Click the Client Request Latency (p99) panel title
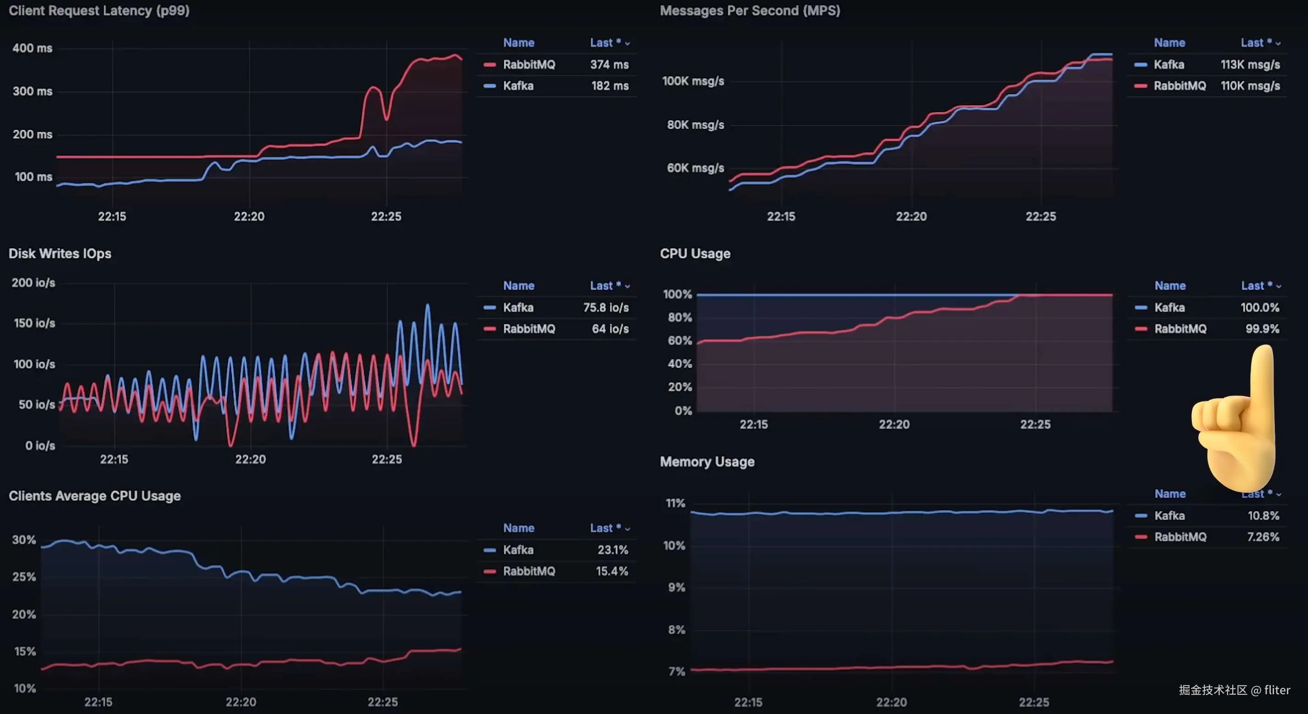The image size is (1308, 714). [99, 11]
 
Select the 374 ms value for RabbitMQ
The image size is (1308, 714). [609, 64]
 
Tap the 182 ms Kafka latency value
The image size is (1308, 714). [609, 86]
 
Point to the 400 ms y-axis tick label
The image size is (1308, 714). [32, 48]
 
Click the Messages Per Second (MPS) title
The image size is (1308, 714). [750, 11]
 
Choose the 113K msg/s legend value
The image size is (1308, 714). [1250, 64]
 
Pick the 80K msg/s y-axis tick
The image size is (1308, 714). [695, 125]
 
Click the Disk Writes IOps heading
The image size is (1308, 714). [60, 253]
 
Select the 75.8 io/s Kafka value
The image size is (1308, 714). [605, 307]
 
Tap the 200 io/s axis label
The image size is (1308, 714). [33, 283]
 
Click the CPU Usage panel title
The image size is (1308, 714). [694, 253]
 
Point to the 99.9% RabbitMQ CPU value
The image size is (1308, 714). [1262, 329]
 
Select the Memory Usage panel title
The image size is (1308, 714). [707, 462]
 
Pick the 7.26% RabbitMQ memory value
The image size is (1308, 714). [1263, 537]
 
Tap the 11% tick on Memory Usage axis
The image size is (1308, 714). [675, 503]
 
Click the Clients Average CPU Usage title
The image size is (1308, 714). [95, 496]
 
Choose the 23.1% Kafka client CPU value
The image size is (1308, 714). [612, 550]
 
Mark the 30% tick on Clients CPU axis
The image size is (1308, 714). [24, 540]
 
